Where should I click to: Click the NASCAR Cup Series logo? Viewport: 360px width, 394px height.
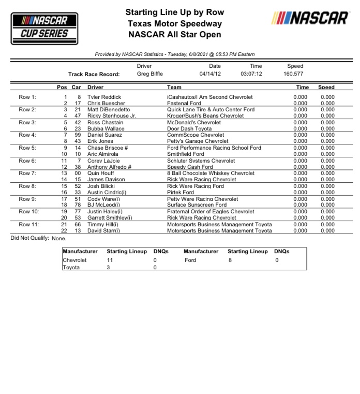tap(44, 28)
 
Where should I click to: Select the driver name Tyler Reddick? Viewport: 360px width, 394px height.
tap(104, 97)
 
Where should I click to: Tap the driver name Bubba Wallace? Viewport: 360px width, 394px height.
tap(105, 128)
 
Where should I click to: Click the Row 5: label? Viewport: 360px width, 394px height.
tap(28, 148)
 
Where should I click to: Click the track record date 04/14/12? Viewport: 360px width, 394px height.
tap(210, 74)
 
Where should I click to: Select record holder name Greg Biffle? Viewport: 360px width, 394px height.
tap(150, 74)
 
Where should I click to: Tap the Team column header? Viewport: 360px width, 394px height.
tap(174, 87)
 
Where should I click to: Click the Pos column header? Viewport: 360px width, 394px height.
tap(62, 87)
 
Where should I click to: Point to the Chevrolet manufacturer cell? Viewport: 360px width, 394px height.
tap(74, 260)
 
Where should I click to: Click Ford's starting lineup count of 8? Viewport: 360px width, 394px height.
tap(230, 260)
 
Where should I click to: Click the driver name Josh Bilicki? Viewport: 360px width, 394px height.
tap(101, 186)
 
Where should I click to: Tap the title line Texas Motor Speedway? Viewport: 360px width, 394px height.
tap(175, 23)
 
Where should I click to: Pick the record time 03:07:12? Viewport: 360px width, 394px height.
tap(251, 74)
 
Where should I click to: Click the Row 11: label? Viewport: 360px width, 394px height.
tap(29, 224)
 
